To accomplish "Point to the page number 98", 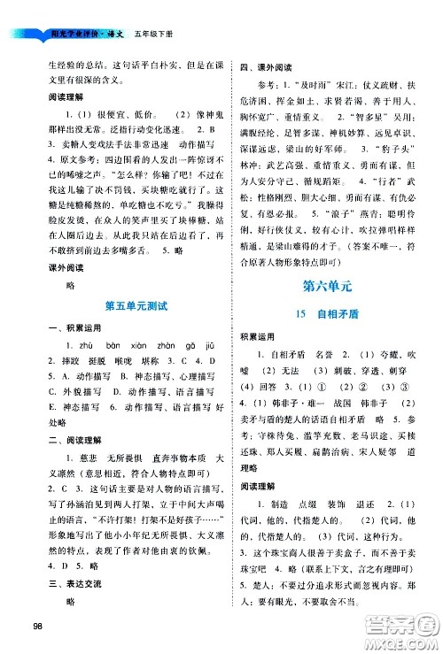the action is click(35, 627).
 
